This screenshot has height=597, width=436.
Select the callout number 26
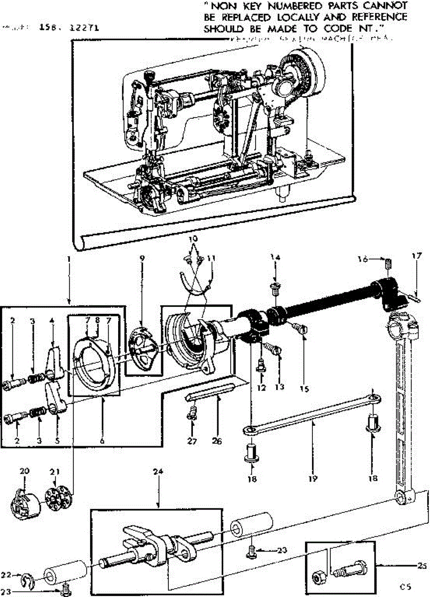(216, 440)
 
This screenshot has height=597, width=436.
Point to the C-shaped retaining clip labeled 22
(26, 579)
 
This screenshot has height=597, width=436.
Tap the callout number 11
(212, 258)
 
